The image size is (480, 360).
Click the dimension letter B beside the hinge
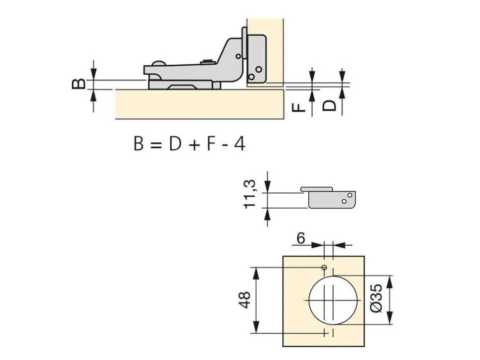coord(79,84)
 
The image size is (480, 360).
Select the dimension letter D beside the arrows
coord(330,106)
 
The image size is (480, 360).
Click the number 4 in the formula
coord(240,143)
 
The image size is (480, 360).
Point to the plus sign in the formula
coord(194,144)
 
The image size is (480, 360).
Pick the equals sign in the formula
coord(156,144)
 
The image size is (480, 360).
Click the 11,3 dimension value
coord(249,194)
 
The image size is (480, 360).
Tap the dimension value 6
coord(301,238)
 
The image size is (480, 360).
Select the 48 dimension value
coord(245,300)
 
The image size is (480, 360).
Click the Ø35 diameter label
coord(377,298)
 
